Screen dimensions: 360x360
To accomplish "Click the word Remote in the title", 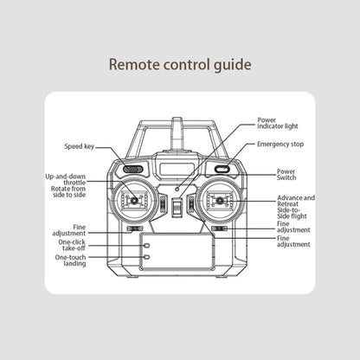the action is (134, 64).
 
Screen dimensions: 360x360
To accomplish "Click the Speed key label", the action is (80, 146).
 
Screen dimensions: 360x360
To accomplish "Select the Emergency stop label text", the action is (280, 145).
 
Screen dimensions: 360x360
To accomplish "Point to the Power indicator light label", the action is (278, 123).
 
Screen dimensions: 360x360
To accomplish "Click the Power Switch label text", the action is (286, 175).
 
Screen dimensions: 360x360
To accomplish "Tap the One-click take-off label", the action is (72, 245).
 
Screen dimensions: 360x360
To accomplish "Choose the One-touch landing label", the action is (70, 260).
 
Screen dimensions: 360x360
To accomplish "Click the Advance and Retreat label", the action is (296, 201).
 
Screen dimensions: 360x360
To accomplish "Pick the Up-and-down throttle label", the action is (66, 179).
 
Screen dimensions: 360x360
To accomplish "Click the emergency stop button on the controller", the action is (222, 170).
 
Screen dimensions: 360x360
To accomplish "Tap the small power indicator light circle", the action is (177, 189).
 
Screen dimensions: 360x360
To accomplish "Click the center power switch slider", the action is (177, 208).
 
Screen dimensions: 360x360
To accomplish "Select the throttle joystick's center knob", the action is (134, 200).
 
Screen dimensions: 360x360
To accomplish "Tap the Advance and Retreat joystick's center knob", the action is (220, 200).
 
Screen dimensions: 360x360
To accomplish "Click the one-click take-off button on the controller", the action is (146, 246).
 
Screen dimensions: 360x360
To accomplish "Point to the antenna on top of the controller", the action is (177, 133).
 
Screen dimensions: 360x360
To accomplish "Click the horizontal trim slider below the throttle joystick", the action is (135, 228).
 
